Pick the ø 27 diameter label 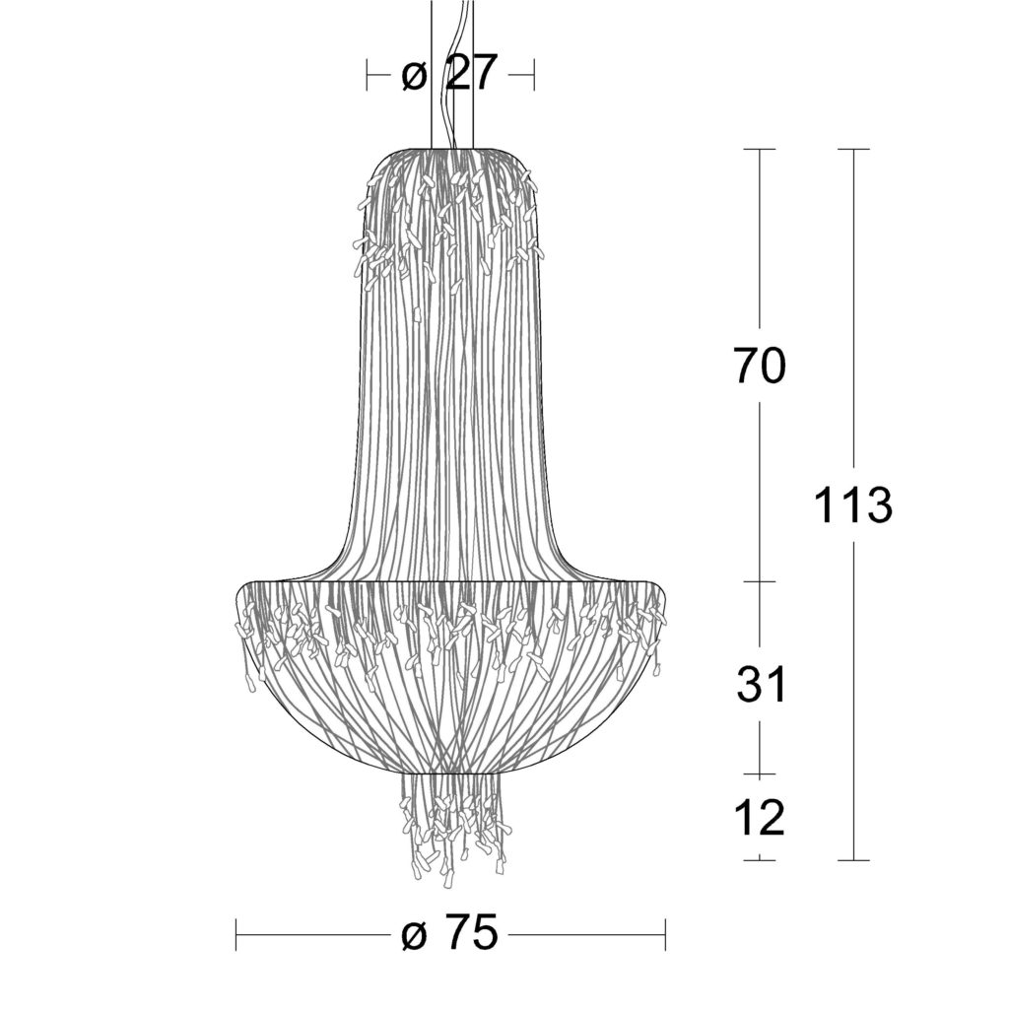[x=449, y=73]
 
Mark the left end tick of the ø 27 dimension [x=367, y=75]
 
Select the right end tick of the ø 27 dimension [x=534, y=75]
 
